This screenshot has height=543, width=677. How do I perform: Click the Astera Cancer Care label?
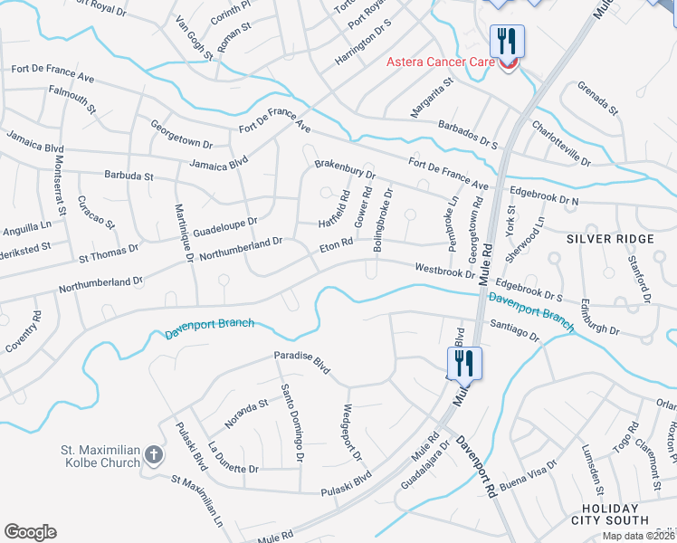(x=440, y=62)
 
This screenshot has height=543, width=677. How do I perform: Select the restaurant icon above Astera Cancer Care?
(x=506, y=40)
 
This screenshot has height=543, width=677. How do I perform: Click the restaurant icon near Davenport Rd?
(x=464, y=364)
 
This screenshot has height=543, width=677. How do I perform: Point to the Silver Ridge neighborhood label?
(x=610, y=238)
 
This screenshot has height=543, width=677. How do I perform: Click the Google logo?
(x=30, y=532)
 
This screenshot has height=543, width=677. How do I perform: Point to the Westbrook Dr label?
(x=444, y=270)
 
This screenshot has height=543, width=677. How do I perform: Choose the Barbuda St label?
(x=130, y=175)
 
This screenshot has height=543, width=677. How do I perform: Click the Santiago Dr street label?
(x=514, y=329)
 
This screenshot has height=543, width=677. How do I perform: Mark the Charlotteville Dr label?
(x=560, y=144)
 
